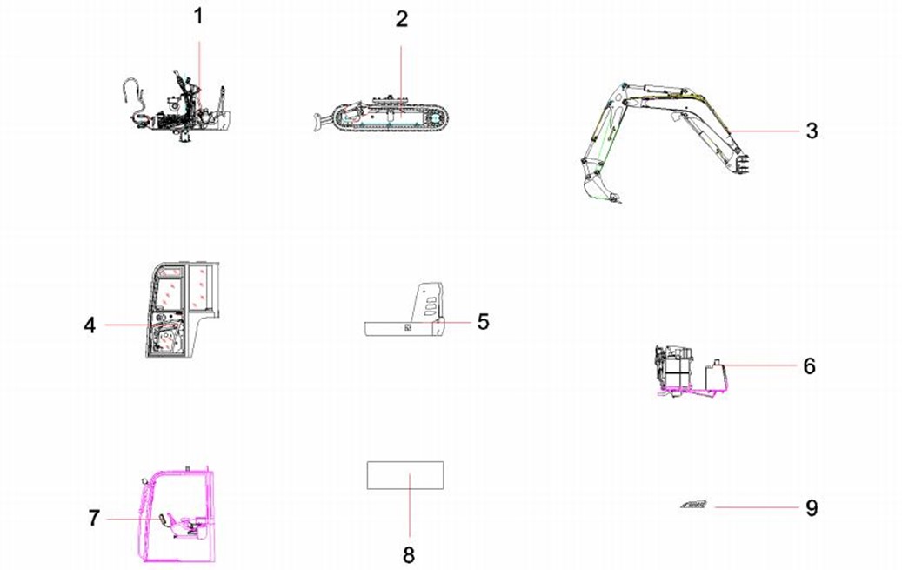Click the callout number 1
tap(198, 17)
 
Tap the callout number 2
tap(402, 19)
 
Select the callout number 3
tap(812, 131)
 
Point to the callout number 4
tap(90, 325)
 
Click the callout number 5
tap(484, 322)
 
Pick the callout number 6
tap(810, 365)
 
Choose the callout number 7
tap(94, 518)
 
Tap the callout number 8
tap(409, 555)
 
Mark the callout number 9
tap(812, 508)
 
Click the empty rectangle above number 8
tap(405, 462)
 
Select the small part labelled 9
tap(694, 505)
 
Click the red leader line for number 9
tap(757, 508)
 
